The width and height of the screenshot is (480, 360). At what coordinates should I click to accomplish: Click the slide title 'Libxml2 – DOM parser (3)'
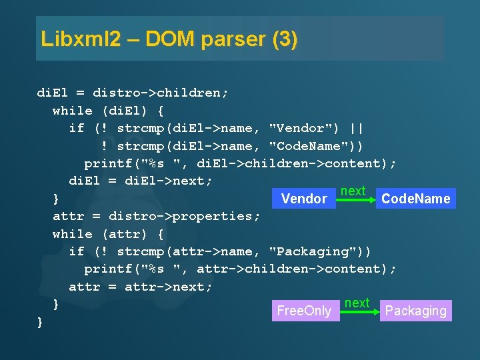pyautogui.click(x=169, y=39)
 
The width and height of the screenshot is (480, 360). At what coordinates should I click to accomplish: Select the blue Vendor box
pyautogui.click(x=304, y=199)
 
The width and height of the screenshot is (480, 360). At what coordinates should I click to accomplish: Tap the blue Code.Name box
pyautogui.click(x=415, y=199)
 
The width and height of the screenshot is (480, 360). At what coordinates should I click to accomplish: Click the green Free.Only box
pyautogui.click(x=304, y=311)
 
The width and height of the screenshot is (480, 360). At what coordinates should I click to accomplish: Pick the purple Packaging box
pyautogui.click(x=415, y=311)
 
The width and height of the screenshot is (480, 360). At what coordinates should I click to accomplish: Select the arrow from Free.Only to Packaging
pyautogui.click(x=359, y=311)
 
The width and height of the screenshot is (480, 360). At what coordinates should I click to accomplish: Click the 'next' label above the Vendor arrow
pyautogui.click(x=353, y=191)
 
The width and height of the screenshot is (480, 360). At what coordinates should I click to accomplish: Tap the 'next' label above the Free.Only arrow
pyautogui.click(x=357, y=303)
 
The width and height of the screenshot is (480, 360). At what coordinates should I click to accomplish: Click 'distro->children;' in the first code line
pyautogui.click(x=161, y=93)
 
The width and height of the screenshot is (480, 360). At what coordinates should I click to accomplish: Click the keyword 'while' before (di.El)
pyautogui.click(x=73, y=111)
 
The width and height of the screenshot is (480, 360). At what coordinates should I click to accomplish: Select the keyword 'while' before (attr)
pyautogui.click(x=73, y=234)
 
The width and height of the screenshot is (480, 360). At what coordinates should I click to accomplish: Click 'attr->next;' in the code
pyautogui.click(x=168, y=287)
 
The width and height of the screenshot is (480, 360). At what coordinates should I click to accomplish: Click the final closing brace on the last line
pyautogui.click(x=40, y=322)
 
